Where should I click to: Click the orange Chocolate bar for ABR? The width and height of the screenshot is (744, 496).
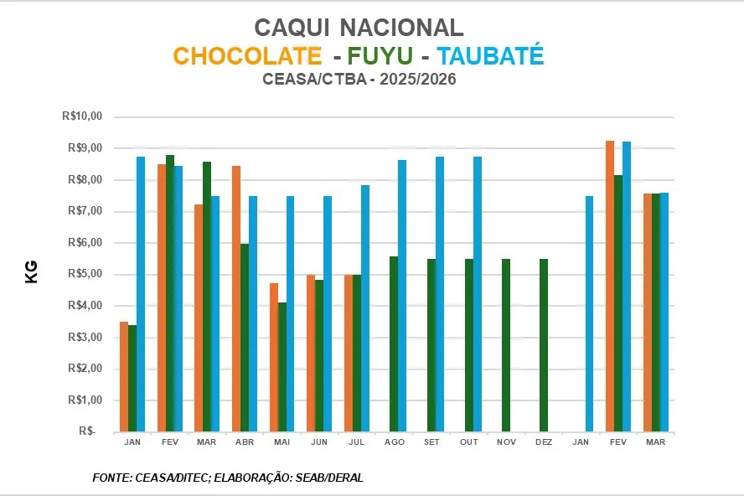point(236,299)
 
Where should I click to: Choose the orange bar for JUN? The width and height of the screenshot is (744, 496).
point(311,353)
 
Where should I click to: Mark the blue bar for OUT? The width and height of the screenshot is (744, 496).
point(478,294)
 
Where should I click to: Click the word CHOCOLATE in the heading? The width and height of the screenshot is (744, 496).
point(247,56)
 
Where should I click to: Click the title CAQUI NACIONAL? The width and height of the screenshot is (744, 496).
point(359,27)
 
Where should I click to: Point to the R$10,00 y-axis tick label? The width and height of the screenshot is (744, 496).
point(81,116)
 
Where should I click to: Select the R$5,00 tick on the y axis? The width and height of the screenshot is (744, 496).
point(84,274)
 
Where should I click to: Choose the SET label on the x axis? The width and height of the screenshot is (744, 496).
point(431,442)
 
